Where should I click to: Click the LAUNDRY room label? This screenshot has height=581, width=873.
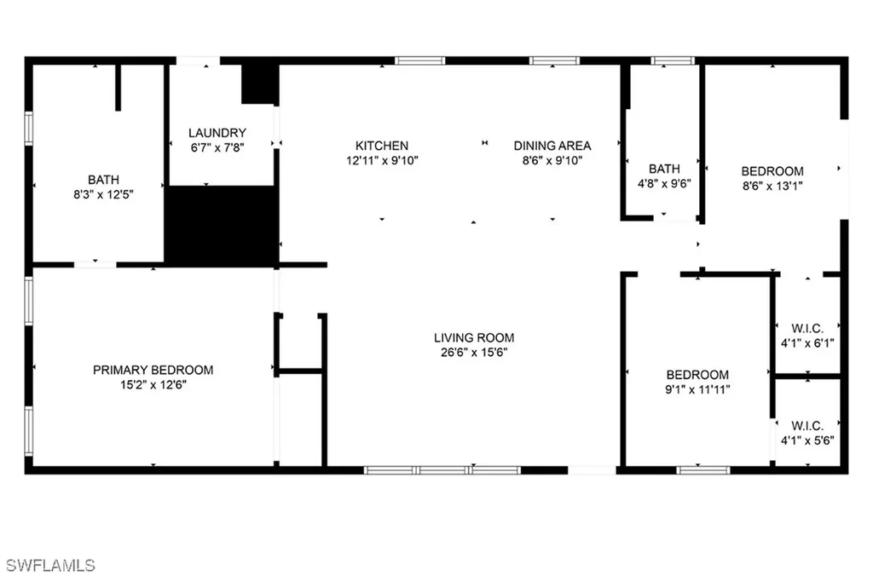(217, 133)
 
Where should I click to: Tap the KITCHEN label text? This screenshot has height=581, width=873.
(382, 146)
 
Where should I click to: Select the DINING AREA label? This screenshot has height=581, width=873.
(552, 146)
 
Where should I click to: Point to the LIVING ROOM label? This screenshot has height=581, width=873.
(474, 337)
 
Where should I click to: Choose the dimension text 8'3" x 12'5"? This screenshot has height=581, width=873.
(103, 193)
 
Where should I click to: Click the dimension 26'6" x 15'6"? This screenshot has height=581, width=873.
(474, 352)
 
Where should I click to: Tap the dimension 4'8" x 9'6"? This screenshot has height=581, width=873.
(664, 182)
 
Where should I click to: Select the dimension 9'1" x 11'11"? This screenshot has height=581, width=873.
(697, 388)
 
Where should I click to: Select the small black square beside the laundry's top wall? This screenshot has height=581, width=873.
(259, 83)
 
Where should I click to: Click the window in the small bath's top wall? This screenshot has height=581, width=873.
(673, 60)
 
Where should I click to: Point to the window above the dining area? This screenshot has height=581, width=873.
(554, 60)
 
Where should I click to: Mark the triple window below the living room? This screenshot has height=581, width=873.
(442, 469)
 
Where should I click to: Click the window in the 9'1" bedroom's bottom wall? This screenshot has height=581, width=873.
(702, 469)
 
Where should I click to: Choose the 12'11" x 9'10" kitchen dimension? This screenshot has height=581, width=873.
(382, 160)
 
